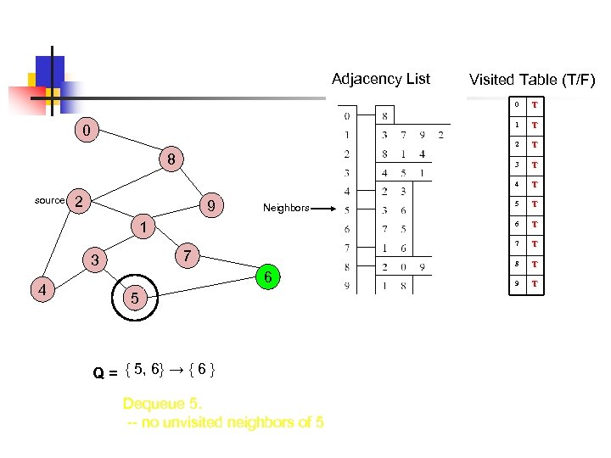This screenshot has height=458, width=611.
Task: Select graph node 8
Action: coord(171,159)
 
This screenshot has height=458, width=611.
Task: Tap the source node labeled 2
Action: coord(78,201)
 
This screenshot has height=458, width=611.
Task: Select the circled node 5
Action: coord(132,298)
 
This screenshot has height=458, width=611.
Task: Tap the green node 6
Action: coord(267,277)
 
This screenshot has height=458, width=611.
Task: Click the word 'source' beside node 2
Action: coord(49,201)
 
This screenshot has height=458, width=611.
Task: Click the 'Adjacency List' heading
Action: coord(380,79)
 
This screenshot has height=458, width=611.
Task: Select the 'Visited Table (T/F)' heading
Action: coord(532,81)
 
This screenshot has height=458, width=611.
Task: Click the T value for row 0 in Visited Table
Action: coord(535,105)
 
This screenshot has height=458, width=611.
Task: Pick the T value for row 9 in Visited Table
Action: coord(535,284)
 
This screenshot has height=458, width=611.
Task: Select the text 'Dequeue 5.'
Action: coord(162,403)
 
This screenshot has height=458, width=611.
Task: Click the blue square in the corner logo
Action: coord(49,70)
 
